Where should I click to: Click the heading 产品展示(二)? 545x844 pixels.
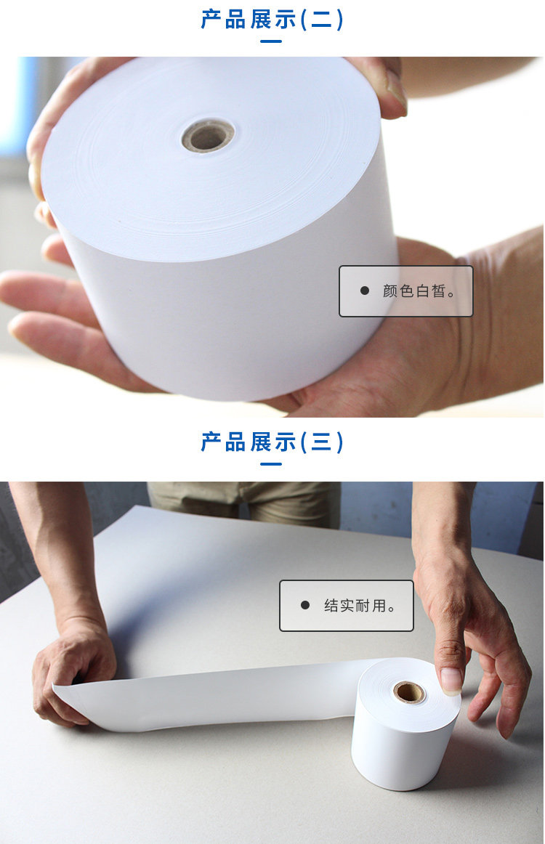click(x=272, y=20)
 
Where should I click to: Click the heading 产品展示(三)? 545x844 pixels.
click(x=272, y=442)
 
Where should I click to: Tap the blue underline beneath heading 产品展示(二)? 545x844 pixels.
click(x=272, y=41)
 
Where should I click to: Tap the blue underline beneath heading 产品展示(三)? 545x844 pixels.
click(x=272, y=463)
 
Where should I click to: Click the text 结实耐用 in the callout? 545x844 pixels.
click(x=355, y=606)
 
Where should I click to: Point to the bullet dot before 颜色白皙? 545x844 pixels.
click(x=365, y=291)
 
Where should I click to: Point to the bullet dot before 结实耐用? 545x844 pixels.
click(x=304, y=605)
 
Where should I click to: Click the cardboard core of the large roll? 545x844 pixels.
click(x=208, y=134)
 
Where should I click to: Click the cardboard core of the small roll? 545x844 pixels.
click(x=408, y=691)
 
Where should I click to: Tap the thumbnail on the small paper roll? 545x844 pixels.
click(x=451, y=679)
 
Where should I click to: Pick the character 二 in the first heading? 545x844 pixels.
click(x=321, y=20)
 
